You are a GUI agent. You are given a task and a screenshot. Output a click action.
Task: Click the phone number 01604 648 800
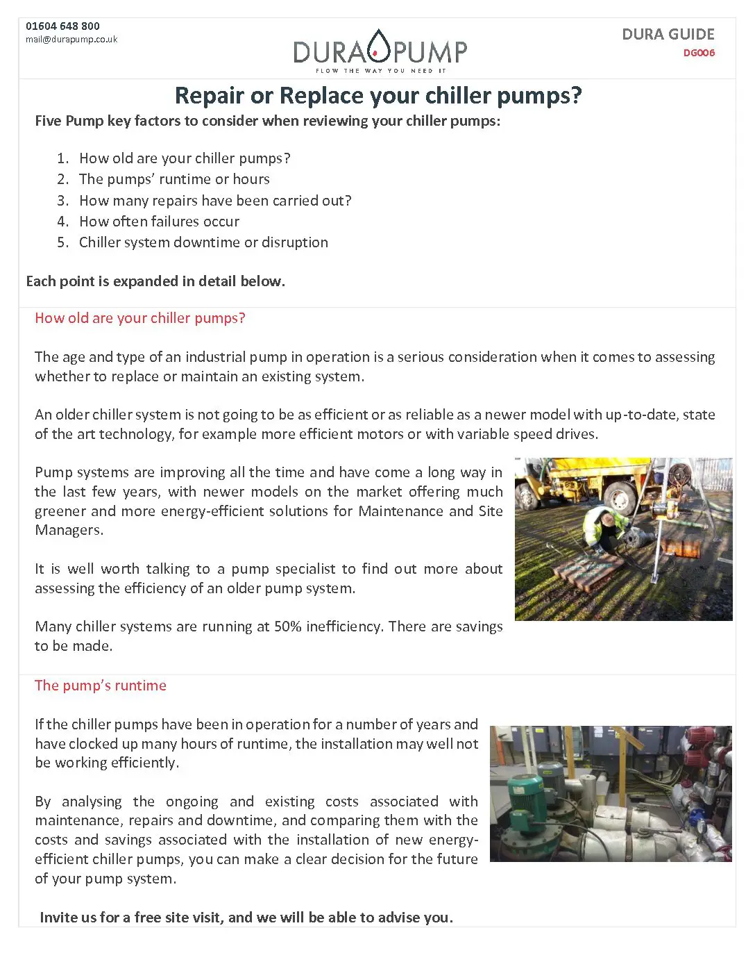click(x=62, y=26)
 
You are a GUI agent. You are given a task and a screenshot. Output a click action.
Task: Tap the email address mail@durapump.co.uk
click(x=71, y=40)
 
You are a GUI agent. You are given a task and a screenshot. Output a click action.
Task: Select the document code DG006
click(x=699, y=53)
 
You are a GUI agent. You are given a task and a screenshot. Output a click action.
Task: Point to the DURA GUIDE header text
click(x=668, y=35)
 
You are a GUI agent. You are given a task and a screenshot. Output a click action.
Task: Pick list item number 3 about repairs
click(x=214, y=201)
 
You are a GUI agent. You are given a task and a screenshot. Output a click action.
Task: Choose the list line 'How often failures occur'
click(x=159, y=222)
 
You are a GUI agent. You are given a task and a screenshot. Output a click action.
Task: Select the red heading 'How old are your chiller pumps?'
click(x=140, y=318)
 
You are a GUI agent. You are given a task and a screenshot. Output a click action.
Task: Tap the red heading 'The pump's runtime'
click(x=101, y=686)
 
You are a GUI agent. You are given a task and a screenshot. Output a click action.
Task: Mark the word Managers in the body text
click(x=69, y=530)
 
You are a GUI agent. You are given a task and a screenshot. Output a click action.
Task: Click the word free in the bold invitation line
click(x=147, y=918)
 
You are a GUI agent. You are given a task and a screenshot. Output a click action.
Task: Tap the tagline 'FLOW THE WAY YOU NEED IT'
click(x=380, y=71)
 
